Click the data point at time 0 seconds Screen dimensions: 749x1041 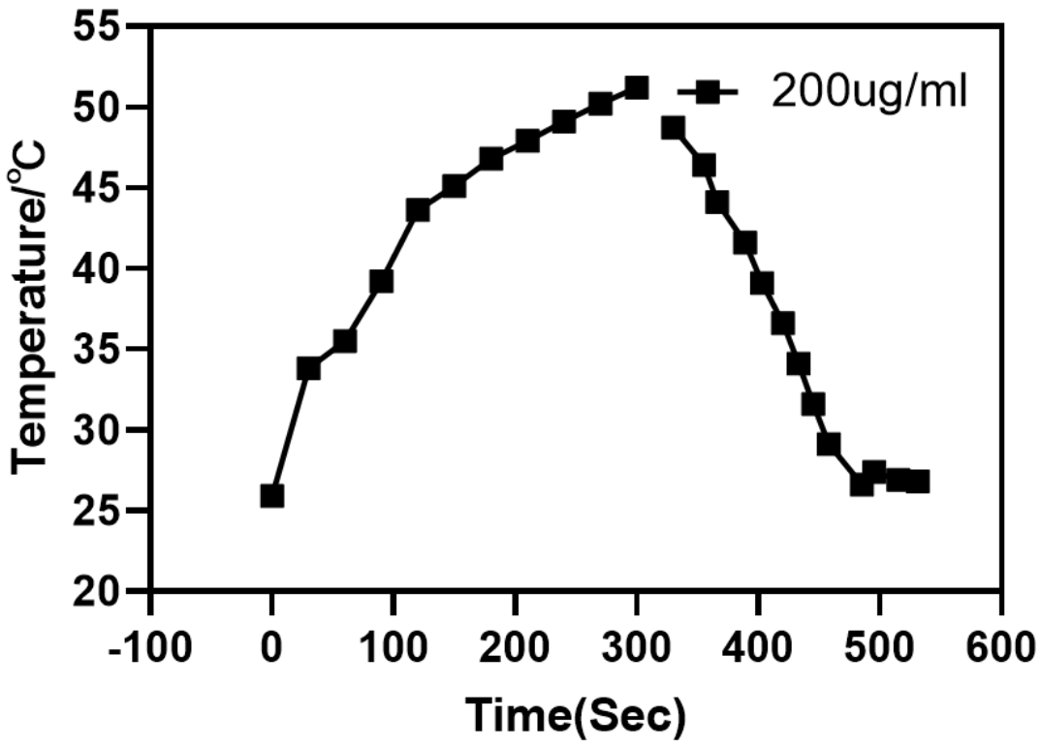272,496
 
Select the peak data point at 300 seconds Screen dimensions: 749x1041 636,88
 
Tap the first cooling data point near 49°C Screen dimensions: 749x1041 673,128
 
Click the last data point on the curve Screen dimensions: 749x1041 918,482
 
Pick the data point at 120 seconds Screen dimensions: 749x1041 418,210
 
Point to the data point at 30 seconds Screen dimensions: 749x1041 308,368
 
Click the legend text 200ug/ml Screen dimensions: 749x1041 869,92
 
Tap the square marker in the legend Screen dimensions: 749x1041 709,92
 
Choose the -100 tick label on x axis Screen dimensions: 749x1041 150,643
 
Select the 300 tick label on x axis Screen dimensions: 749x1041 636,643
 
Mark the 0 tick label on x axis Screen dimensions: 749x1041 272,643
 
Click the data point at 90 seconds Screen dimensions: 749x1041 381,281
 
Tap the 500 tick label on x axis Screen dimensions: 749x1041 879,643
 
